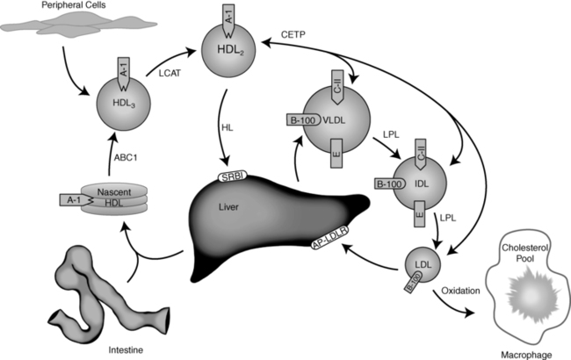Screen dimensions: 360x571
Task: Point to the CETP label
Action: (x=294, y=34)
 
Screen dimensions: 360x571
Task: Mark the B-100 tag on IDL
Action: (x=389, y=184)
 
